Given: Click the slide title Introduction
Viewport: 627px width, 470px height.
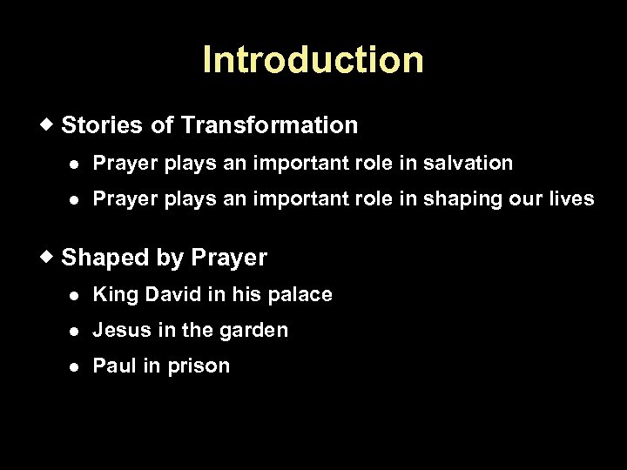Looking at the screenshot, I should [x=313, y=60].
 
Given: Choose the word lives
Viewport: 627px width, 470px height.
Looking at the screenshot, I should [x=572, y=198].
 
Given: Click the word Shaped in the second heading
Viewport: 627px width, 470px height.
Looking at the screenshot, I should [x=98, y=258].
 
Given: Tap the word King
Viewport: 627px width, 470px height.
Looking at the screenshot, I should [x=111, y=295].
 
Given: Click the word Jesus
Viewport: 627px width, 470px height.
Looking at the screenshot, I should [x=118, y=331].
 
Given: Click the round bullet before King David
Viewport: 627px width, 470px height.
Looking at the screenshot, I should [x=77, y=295].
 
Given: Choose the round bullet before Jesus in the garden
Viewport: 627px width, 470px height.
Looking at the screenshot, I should [x=77, y=332].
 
